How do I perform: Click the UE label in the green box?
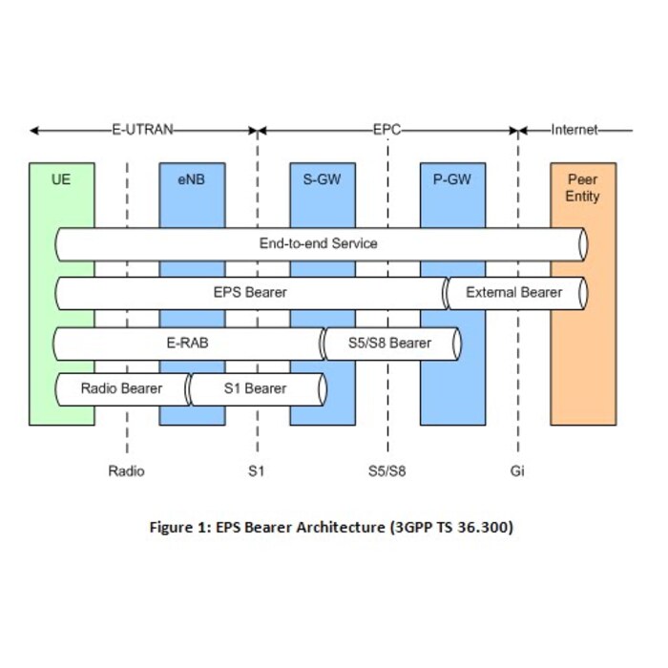pyautogui.click(x=61, y=177)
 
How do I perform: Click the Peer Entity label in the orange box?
pyautogui.click(x=583, y=187)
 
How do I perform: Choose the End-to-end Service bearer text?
pyautogui.click(x=319, y=243)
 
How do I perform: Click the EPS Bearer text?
pyautogui.click(x=250, y=292)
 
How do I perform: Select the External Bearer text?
pyautogui.click(x=514, y=292)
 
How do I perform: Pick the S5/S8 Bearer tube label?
pyautogui.click(x=391, y=343)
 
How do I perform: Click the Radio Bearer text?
pyautogui.click(x=121, y=388)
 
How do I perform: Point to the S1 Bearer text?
pyautogui.click(x=255, y=388)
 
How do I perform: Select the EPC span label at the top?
pyautogui.click(x=387, y=130)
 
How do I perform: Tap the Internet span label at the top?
pyautogui.click(x=574, y=130)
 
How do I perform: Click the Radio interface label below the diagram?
pyautogui.click(x=127, y=470)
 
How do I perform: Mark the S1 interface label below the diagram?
pyautogui.click(x=257, y=470)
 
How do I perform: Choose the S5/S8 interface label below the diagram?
pyautogui.click(x=387, y=470)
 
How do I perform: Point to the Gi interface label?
pyautogui.click(x=518, y=470)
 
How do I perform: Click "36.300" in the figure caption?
pyautogui.click(x=487, y=527)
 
